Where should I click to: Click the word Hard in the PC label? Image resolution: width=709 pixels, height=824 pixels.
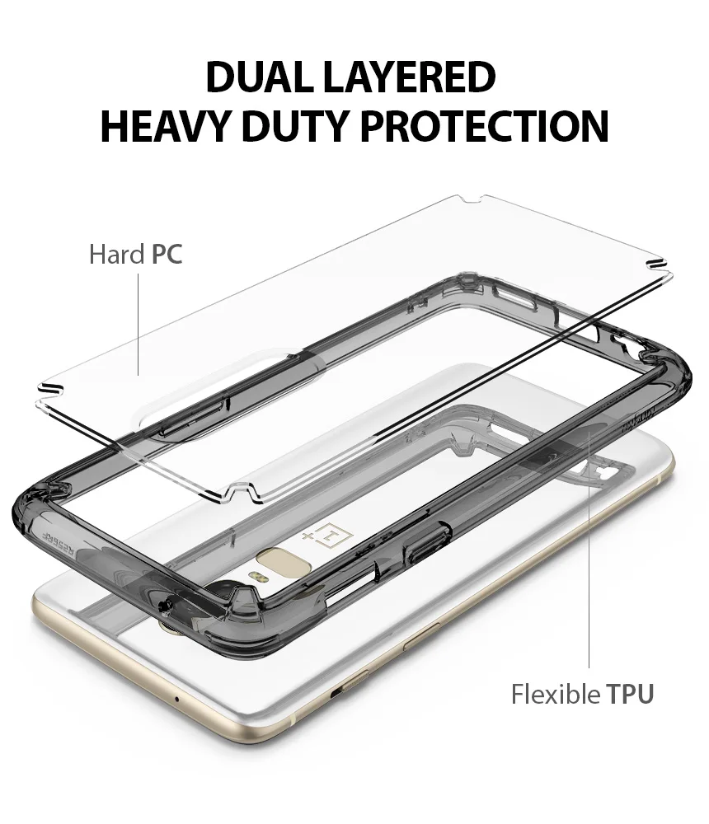pos(116,255)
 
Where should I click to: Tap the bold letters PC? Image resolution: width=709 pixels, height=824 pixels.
pos(167,255)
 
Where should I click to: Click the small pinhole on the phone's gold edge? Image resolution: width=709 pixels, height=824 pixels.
pos(177,699)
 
